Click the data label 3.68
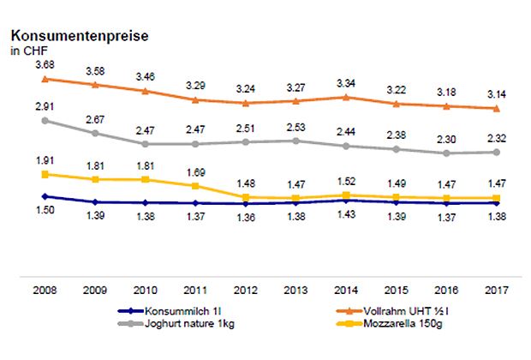pyautogui.click(x=45, y=64)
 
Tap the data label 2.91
pyautogui.click(x=45, y=105)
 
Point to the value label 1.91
pyautogui.click(x=45, y=160)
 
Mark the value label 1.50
pyautogui.click(x=45, y=211)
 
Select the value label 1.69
pyautogui.click(x=195, y=171)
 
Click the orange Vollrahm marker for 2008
pyautogui.click(x=45, y=79)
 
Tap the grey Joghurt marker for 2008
pyautogui.click(x=45, y=120)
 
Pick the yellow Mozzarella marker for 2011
pyautogui.click(x=195, y=186)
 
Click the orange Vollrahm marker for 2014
pyautogui.click(x=346, y=97)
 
